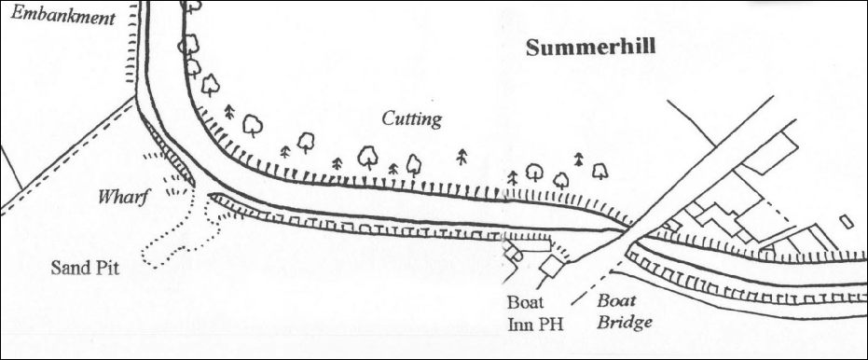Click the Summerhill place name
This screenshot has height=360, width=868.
coord(591,47)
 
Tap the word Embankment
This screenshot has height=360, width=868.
coord(62,16)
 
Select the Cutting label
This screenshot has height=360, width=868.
coord(412,118)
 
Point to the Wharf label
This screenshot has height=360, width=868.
coord(123,197)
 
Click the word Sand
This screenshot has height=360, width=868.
coord(70,268)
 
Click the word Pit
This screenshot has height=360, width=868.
coord(107,268)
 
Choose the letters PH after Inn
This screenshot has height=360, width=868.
coord(550,324)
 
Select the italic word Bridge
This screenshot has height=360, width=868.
coord(624,322)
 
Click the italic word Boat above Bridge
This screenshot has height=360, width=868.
coord(616,301)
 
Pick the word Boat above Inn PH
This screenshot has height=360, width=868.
coord(526,302)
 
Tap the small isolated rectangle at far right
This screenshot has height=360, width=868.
coord(847,222)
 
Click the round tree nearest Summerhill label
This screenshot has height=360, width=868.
coord(600,171)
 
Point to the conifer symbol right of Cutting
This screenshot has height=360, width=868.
coord(462,158)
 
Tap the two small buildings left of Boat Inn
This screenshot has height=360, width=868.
coord(513,253)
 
